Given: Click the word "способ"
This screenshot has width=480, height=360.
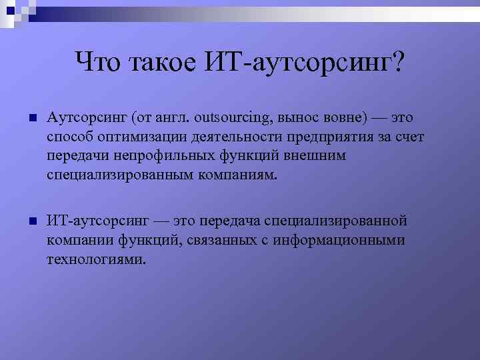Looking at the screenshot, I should coord(68,137).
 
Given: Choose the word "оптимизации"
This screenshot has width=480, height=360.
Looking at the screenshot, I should coord(133,137).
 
